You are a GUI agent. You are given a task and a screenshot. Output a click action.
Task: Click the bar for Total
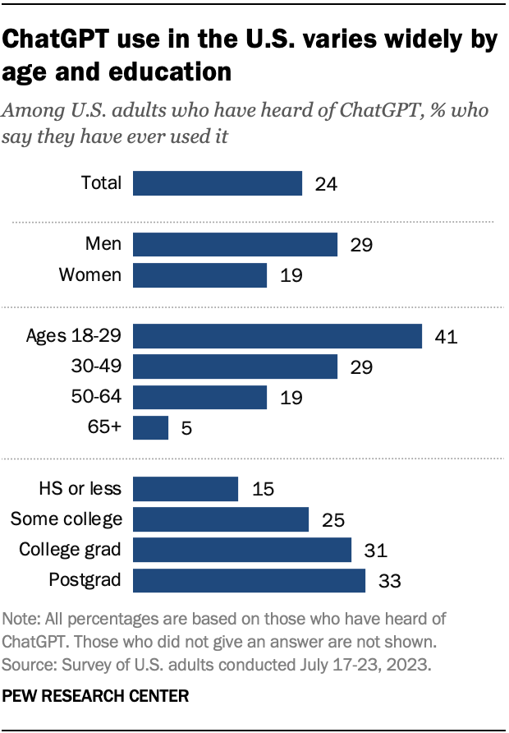(x=218, y=183)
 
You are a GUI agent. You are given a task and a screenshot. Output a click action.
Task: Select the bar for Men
(x=235, y=244)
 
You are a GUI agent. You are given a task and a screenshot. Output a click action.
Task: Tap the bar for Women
(x=199, y=275)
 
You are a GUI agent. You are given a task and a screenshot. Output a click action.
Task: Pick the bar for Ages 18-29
(x=277, y=336)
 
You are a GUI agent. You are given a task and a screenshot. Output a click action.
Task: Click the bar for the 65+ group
(x=150, y=428)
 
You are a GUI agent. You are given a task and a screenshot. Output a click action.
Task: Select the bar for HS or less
(x=186, y=489)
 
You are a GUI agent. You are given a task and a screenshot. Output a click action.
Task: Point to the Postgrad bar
(x=249, y=580)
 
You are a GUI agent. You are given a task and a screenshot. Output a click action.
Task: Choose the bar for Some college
(x=220, y=519)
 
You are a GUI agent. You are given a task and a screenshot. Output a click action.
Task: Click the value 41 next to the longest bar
(x=446, y=336)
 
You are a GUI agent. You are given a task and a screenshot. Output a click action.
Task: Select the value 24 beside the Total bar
(x=326, y=183)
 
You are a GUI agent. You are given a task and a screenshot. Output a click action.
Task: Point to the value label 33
(x=389, y=580)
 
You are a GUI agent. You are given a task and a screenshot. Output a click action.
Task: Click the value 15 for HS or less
(x=262, y=489)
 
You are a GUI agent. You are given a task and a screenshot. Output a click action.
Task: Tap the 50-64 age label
(x=97, y=398)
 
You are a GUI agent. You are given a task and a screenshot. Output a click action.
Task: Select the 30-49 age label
(x=97, y=366)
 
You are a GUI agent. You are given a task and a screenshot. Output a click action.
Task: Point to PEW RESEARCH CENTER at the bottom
(x=96, y=695)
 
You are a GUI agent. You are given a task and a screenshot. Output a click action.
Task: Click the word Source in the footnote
(x=28, y=662)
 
